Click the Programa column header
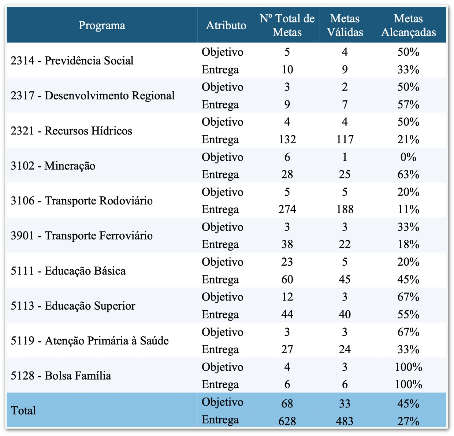tap(102, 25)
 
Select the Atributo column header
tap(226, 25)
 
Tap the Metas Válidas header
tap(345, 25)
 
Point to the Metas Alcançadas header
tap(408, 25)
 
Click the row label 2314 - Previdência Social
tap(72, 60)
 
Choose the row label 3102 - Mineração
tap(53, 166)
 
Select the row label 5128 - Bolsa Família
tap(61, 376)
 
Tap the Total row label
tap(23, 410)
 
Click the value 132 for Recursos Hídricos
tap(287, 140)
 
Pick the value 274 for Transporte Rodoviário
tap(287, 210)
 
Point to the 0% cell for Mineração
tap(408, 157)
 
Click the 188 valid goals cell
tap(345, 210)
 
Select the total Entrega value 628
tap(287, 421)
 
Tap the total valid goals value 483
tap(345, 421)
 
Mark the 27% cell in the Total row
tap(408, 421)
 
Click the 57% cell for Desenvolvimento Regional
tap(408, 105)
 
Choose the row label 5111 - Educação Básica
tap(68, 271)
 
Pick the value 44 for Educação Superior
tap(287, 314)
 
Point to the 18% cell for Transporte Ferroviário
tap(408, 244)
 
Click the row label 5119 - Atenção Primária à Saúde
tap(90, 341)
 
